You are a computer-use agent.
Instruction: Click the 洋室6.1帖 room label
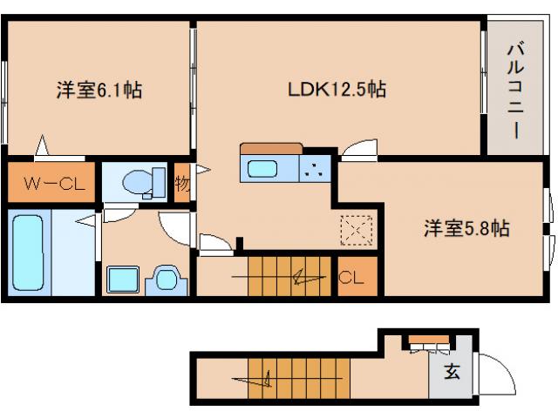99,88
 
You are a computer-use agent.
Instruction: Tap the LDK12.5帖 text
337,88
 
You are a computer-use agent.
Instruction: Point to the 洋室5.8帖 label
466,229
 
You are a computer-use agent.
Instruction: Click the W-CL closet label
50,184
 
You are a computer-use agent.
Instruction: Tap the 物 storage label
181,183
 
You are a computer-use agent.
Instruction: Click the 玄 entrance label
452,372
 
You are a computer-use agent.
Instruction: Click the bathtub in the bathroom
30,253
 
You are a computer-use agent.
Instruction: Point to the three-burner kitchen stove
316,169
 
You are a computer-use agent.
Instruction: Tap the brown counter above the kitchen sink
271,148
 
